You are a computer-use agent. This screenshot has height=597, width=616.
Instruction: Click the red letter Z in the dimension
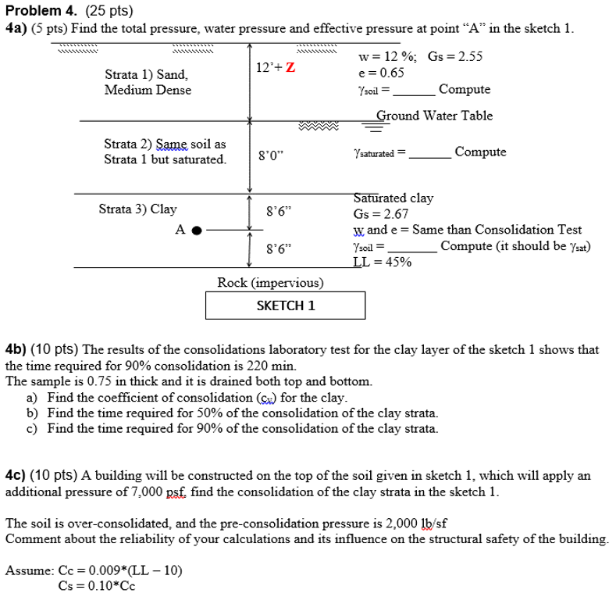pos(290,67)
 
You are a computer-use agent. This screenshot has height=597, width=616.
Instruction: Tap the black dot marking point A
pos(197,231)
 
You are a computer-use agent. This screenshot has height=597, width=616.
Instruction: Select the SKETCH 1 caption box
pos(285,306)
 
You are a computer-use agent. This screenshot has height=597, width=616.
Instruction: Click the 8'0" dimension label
pos(271,156)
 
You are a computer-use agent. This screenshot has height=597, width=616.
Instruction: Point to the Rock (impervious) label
pos(270,283)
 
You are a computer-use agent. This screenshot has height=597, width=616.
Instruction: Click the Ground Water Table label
pos(434,116)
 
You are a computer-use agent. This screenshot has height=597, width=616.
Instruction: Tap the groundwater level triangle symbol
pos(376,127)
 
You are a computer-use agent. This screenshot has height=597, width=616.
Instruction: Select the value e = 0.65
pos(381,73)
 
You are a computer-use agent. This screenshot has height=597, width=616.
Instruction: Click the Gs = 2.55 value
pos(455,56)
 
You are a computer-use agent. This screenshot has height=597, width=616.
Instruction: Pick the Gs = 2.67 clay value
pos(381,214)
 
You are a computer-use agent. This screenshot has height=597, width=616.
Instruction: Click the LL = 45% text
pos(383,262)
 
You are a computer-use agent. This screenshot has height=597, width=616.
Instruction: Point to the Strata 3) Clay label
pos(137,209)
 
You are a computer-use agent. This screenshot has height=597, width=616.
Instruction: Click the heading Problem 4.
pos(41,11)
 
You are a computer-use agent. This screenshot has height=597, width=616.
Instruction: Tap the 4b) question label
pos(16,349)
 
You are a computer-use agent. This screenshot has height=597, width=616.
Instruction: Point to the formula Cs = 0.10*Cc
pos(97,586)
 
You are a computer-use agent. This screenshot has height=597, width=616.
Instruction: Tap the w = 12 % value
pos(387,56)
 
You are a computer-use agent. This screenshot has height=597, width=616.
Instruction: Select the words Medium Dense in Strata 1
pos(148,90)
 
